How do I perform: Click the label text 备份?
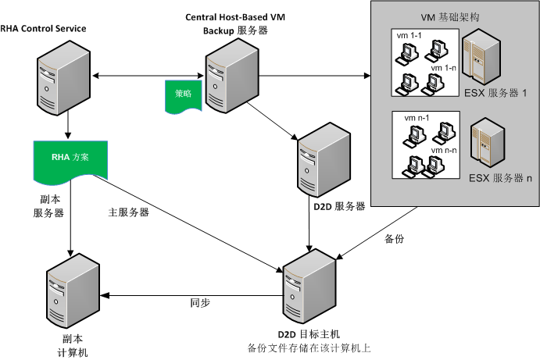pyautogui.click(x=395, y=238)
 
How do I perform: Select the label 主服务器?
pyautogui.click(x=130, y=212)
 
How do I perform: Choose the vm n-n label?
pyautogui.click(x=445, y=149)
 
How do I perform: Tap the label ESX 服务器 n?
pyautogui.click(x=501, y=178)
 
